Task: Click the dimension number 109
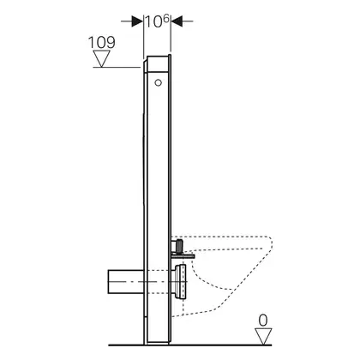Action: tap(102, 42)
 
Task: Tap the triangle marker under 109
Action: tap(102, 58)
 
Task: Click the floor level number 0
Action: tap(263, 321)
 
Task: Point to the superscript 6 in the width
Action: tap(166, 19)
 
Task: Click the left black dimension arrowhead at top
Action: tap(137, 21)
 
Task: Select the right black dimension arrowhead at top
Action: tap(177, 21)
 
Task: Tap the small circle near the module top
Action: tap(158, 83)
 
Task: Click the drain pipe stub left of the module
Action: tap(125, 282)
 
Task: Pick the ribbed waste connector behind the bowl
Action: tap(179, 282)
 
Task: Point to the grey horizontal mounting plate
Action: tap(183, 255)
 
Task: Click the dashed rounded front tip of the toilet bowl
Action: tap(270, 243)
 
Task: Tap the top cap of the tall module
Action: tap(157, 63)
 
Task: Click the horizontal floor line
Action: tap(190, 345)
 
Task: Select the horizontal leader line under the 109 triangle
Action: tap(117, 68)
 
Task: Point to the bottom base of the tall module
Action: tap(158, 342)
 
